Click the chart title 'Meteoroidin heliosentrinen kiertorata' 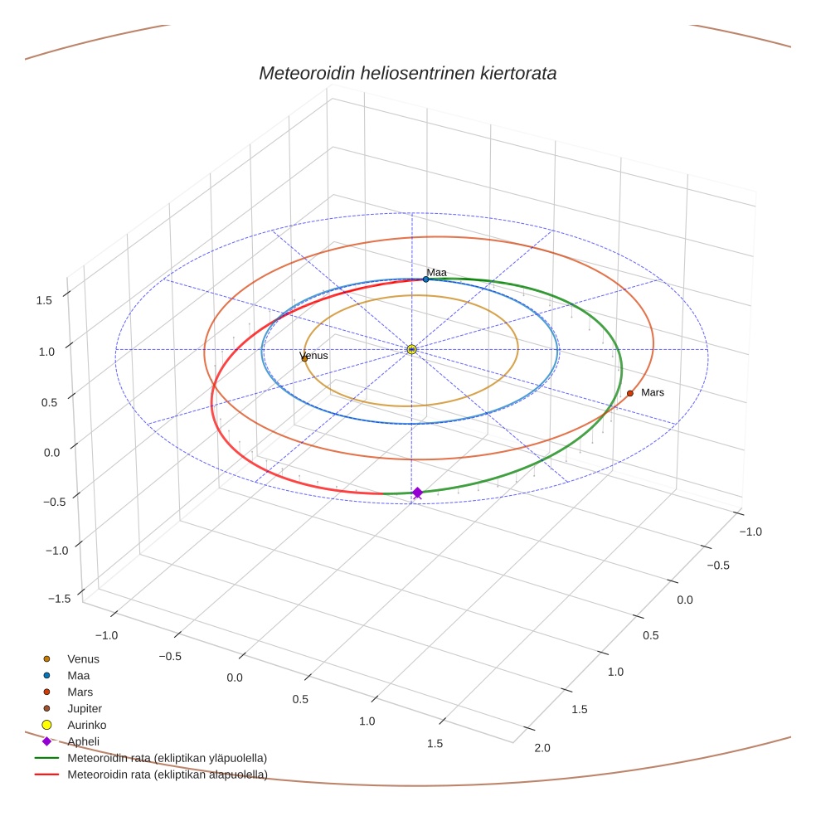[x=407, y=73]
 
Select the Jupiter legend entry [x=85, y=709]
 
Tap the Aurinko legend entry [x=86, y=725]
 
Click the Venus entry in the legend [x=83, y=659]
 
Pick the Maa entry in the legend [x=78, y=676]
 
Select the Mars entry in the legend [x=80, y=692]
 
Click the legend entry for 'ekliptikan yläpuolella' [x=167, y=758]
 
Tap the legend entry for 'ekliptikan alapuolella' [x=167, y=775]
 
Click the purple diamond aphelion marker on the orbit [x=417, y=493]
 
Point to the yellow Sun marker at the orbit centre [x=411, y=350]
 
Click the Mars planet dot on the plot [x=630, y=393]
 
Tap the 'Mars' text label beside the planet [x=653, y=392]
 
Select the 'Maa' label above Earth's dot [x=436, y=272]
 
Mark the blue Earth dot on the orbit [x=426, y=279]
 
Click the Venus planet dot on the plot [x=304, y=358]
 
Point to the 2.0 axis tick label [x=542, y=749]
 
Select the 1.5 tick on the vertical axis [x=45, y=300]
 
